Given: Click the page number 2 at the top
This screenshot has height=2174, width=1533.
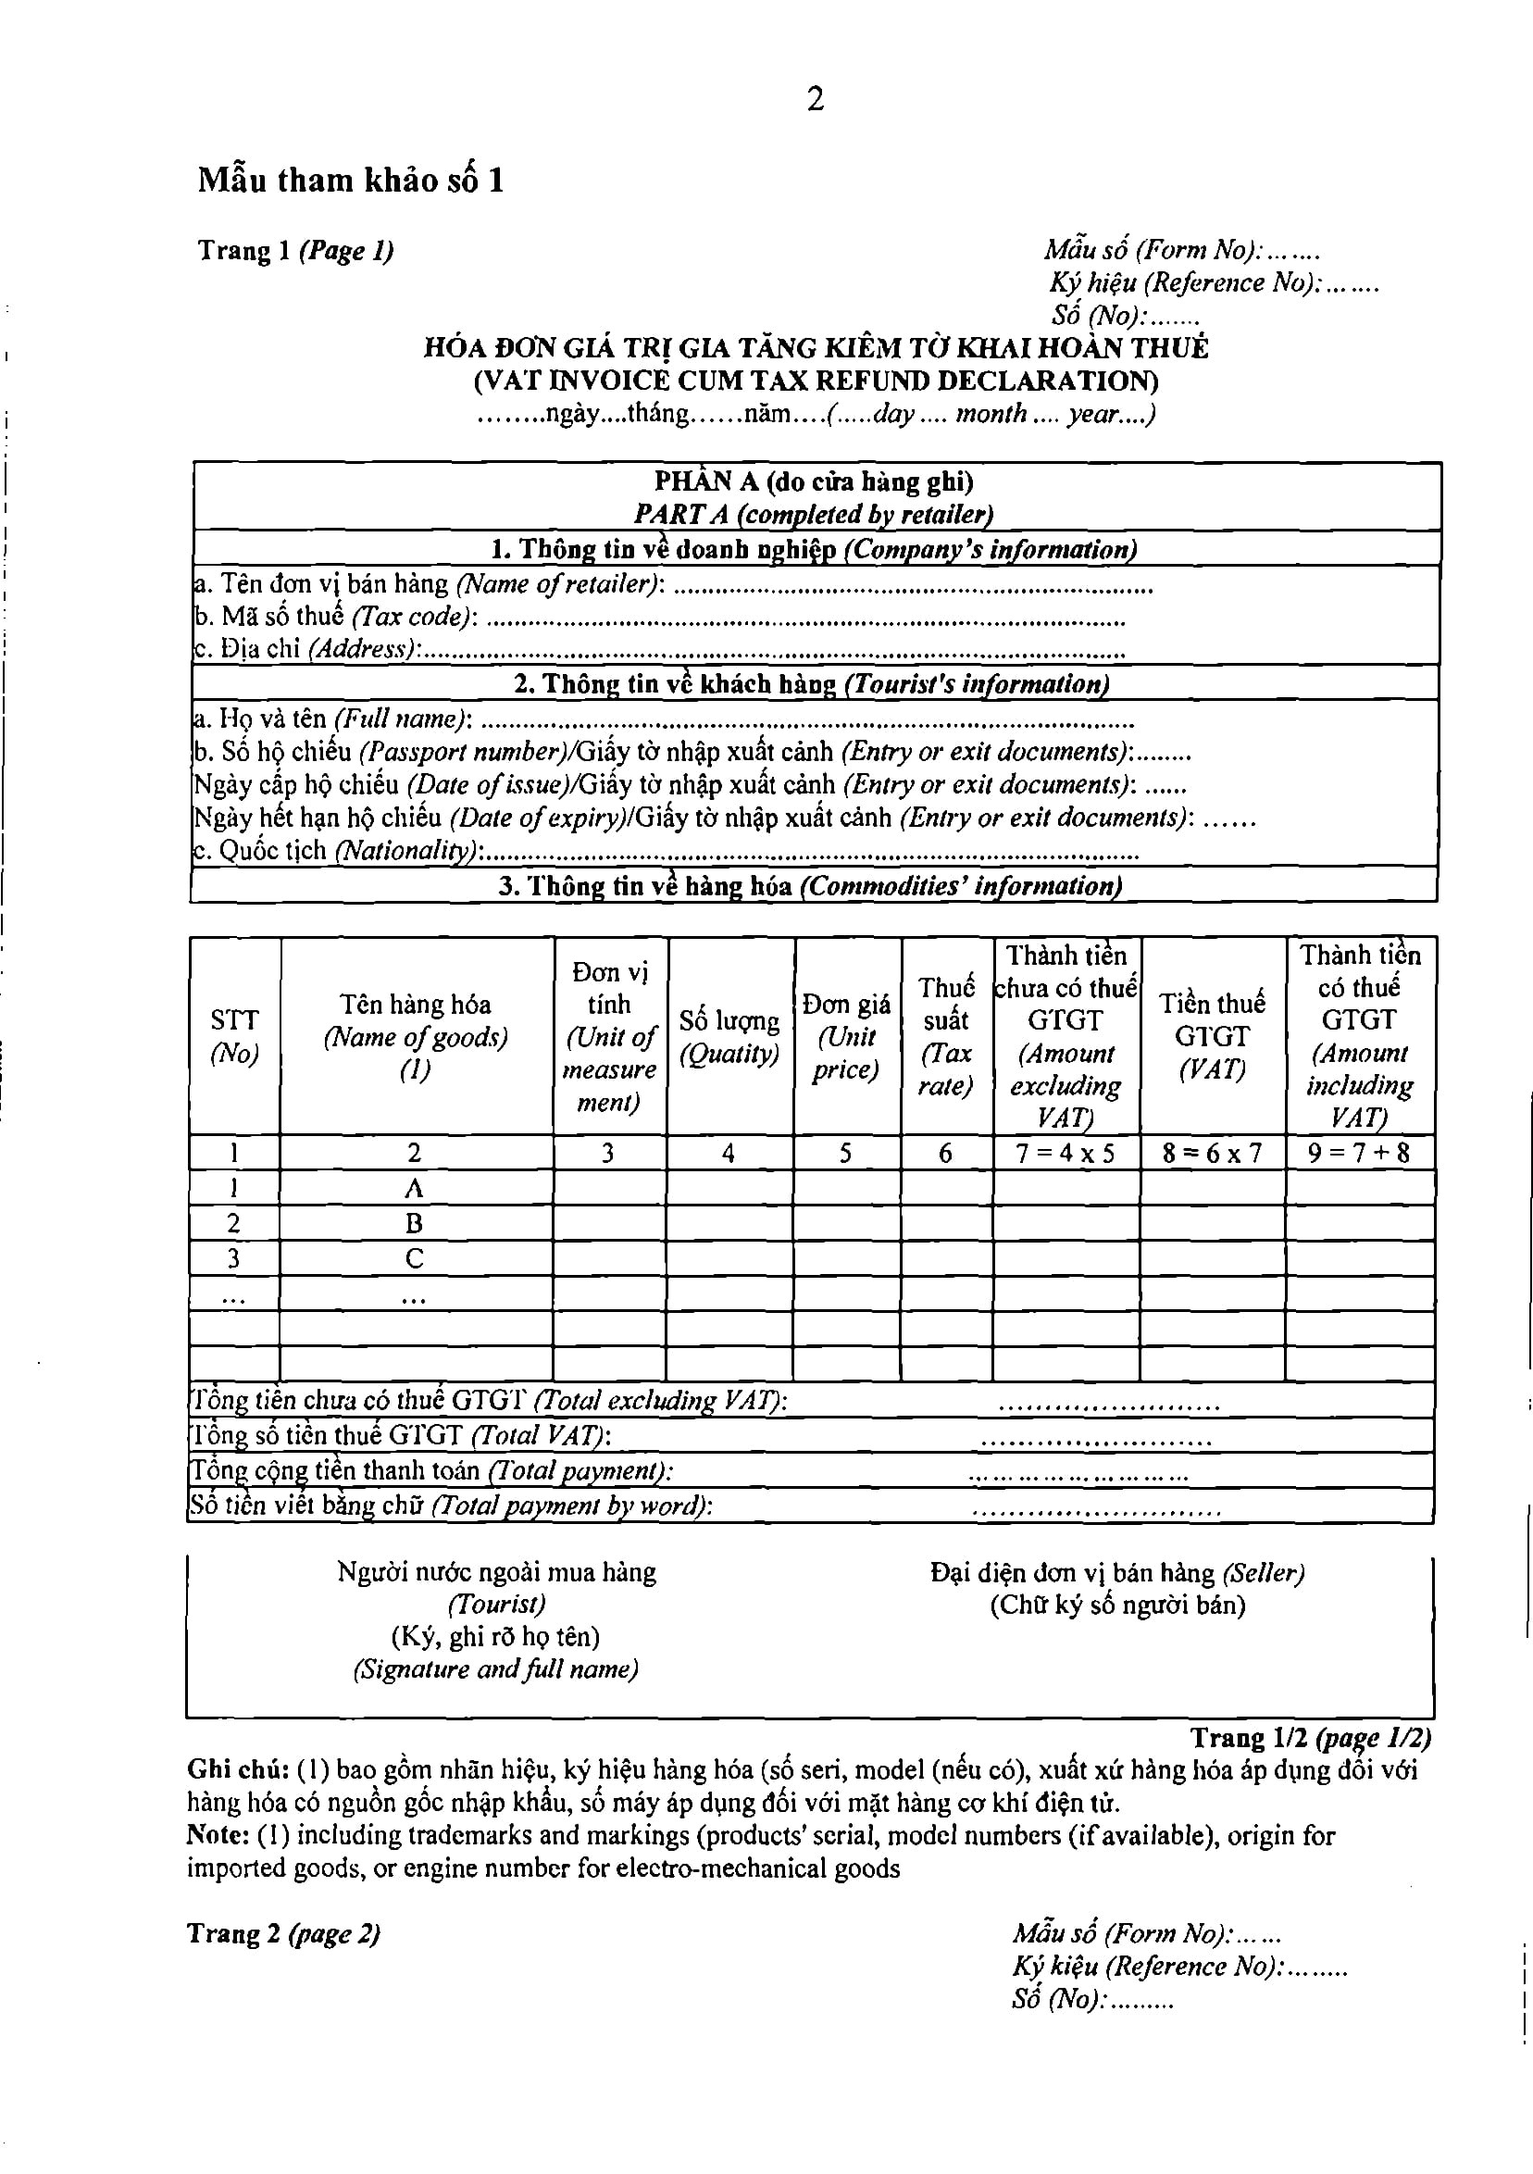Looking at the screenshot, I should click(816, 99).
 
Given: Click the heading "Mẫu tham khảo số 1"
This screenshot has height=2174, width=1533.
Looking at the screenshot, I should click(350, 180).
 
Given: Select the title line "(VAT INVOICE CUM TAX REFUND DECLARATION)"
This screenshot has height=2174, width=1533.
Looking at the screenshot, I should click(816, 381).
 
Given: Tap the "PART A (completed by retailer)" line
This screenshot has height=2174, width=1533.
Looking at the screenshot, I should click(814, 514).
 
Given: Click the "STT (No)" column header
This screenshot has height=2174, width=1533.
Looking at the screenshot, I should click(234, 1036).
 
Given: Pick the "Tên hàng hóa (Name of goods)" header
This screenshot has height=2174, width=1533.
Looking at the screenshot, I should click(415, 1036).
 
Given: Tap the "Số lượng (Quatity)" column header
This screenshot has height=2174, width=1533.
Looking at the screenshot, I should click(729, 1037).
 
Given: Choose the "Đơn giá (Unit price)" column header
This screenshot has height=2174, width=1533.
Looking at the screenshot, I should click(845, 1036).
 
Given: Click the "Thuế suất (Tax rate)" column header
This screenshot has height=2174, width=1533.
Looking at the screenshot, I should click(946, 1036).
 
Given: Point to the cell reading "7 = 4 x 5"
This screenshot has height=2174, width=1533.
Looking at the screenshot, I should click(1066, 1154).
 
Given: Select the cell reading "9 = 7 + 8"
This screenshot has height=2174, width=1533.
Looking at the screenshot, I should click(1359, 1154).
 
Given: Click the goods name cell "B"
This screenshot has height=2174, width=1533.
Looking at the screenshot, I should click(414, 1223).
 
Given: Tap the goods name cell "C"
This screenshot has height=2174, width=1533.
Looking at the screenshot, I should click(414, 1258).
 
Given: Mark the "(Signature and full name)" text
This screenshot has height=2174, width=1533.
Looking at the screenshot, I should click(495, 1669).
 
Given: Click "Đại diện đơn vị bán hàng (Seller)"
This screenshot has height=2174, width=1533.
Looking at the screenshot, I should click(1117, 1573).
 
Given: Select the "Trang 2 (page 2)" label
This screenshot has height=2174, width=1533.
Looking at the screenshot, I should click(283, 1934).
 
